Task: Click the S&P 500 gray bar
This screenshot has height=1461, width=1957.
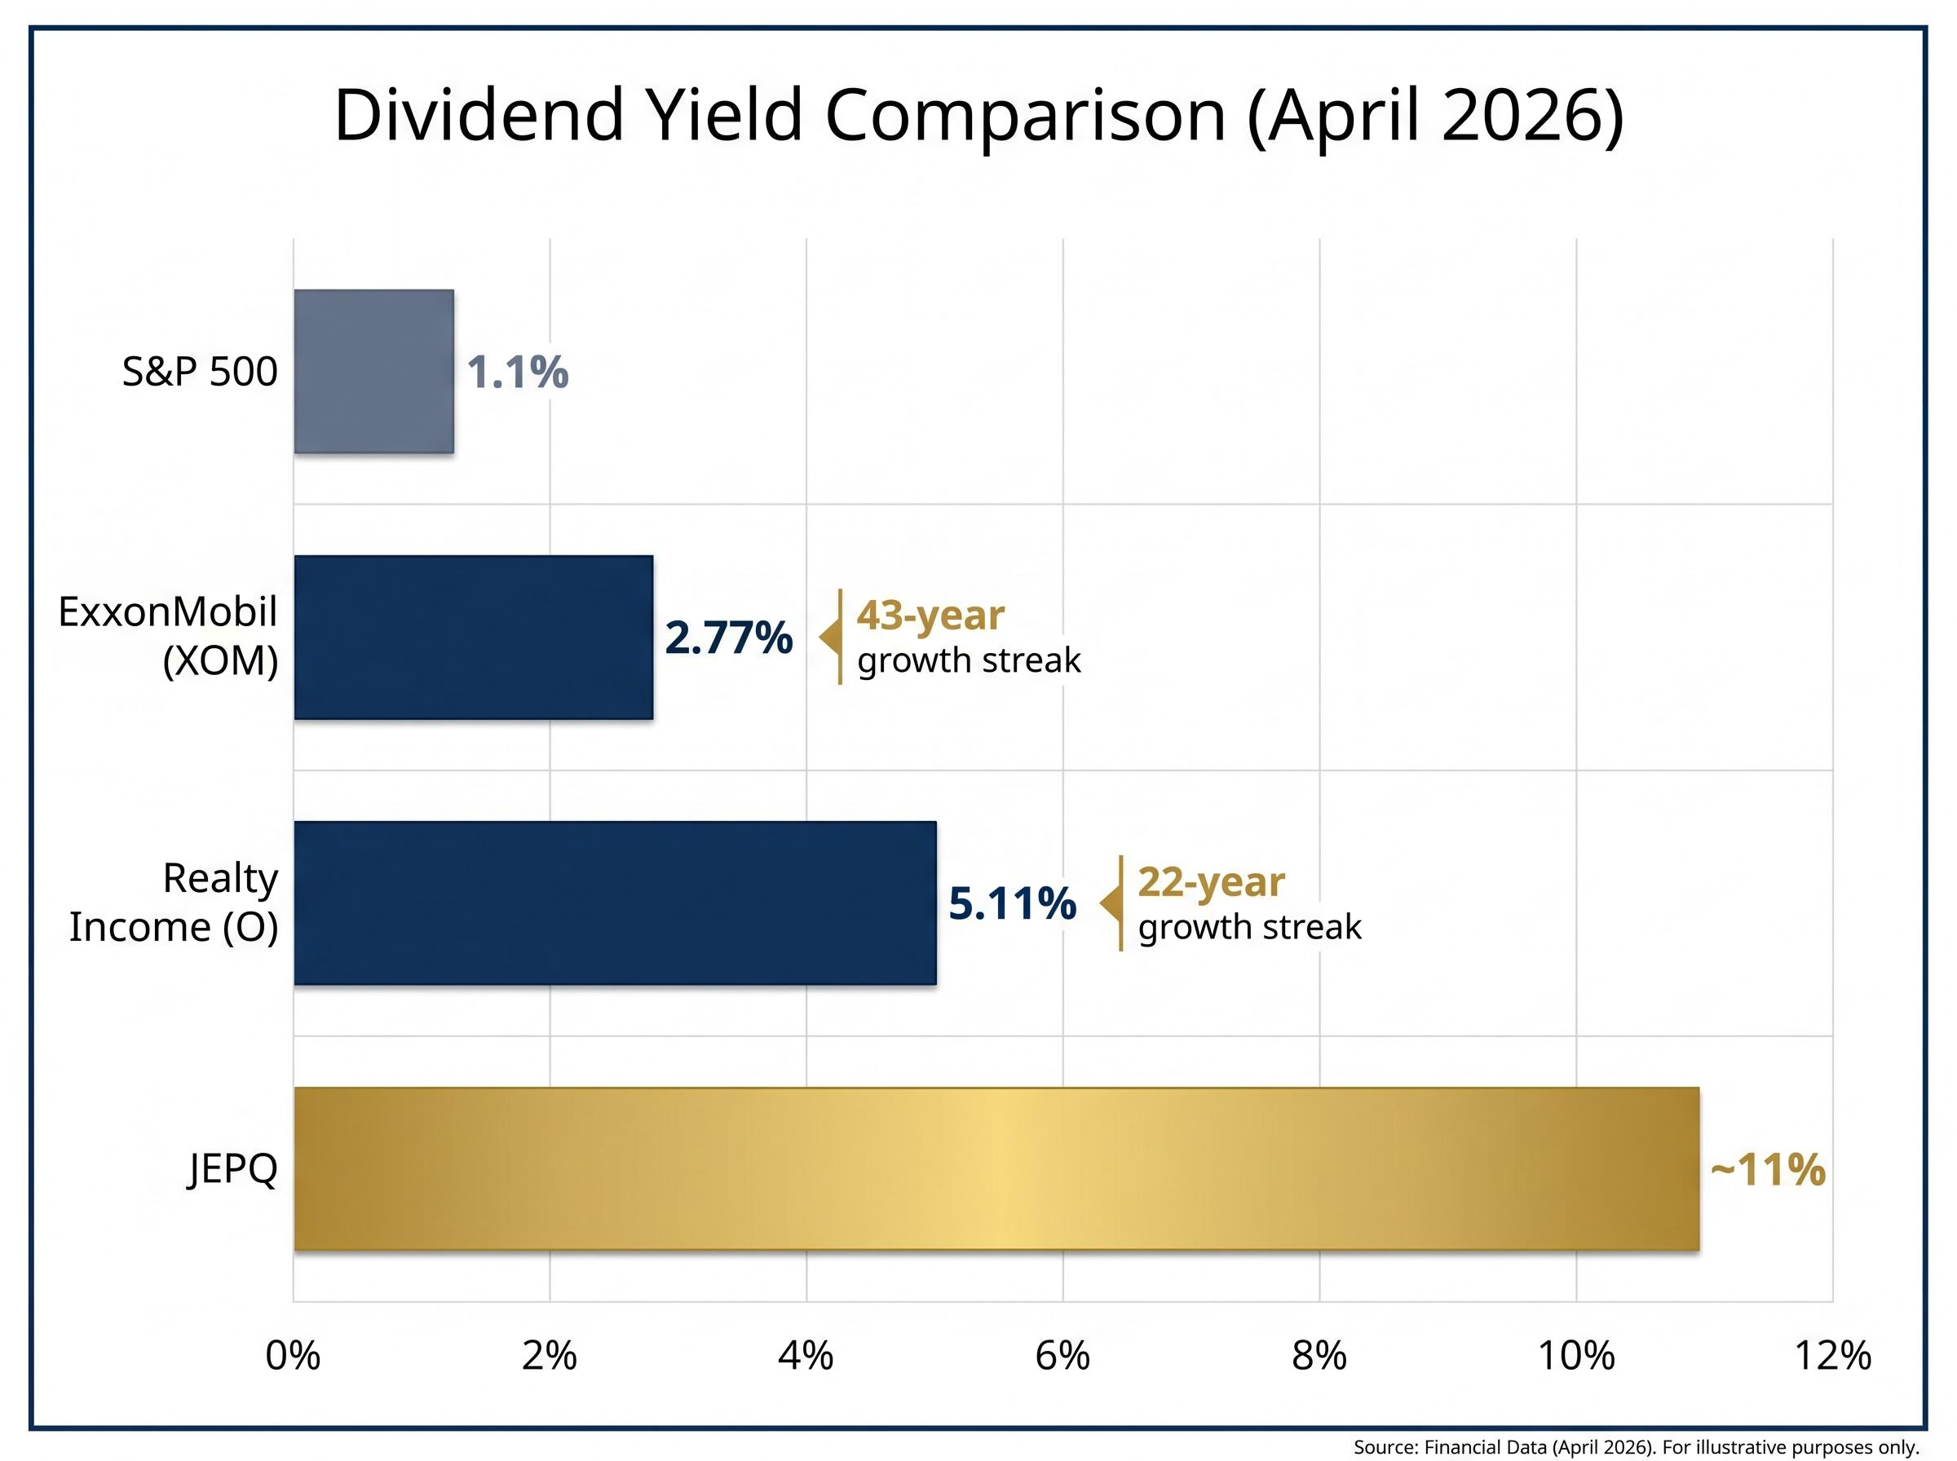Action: point(373,372)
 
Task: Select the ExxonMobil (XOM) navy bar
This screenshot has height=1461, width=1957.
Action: point(473,637)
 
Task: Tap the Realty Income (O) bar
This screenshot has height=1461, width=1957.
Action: point(615,902)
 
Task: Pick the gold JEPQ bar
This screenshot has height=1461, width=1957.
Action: point(996,1168)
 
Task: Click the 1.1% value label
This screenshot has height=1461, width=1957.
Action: point(517,372)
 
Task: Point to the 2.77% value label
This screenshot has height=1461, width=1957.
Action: point(728,638)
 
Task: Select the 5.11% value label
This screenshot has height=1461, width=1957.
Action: point(1012,903)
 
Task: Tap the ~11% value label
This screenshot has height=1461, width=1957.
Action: point(1767,1169)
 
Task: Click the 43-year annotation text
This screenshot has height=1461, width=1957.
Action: point(930,615)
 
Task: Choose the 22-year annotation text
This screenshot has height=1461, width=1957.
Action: point(1211,881)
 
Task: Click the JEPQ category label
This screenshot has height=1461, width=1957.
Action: point(232,1168)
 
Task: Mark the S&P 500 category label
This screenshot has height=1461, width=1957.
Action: point(199,372)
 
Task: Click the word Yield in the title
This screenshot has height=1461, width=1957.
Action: point(725,115)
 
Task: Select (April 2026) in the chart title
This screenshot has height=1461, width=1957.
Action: point(1434,115)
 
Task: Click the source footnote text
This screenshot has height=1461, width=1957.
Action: point(1635,1447)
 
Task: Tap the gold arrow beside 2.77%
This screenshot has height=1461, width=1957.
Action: point(829,637)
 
